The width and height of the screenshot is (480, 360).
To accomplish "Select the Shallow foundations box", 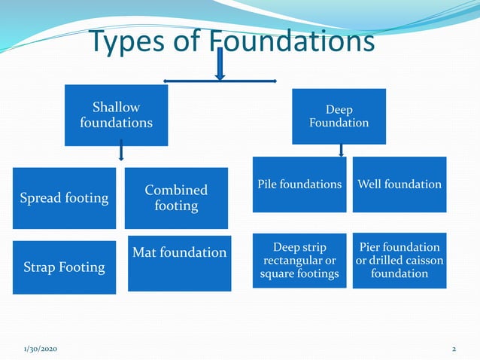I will (116, 114).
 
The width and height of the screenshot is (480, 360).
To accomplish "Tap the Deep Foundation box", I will (339, 116).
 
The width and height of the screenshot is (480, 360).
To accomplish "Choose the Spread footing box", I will (64, 198).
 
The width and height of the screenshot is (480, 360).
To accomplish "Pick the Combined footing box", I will (176, 198).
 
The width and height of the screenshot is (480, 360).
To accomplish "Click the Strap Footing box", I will (64, 267).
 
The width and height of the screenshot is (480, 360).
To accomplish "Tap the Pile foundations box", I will (299, 185).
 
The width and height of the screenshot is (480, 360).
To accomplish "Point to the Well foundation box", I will (399, 185).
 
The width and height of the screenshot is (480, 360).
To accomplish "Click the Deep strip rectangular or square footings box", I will (299, 261).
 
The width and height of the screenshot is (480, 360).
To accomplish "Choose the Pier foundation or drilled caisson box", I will (399, 261).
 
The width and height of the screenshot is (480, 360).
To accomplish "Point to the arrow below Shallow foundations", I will (120, 153).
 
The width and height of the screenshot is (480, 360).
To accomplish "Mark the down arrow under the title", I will (220, 66).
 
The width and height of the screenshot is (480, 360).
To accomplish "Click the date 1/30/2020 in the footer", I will (40, 349).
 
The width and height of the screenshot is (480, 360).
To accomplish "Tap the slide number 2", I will (454, 349).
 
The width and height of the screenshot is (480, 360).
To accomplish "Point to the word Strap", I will (42, 267).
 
